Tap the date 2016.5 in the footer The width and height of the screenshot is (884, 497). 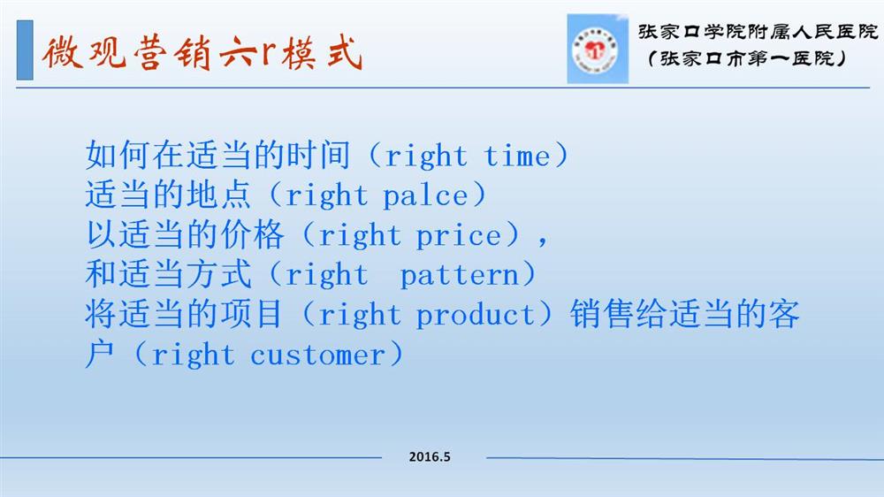click(x=430, y=456)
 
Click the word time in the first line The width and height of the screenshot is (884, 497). click(x=517, y=156)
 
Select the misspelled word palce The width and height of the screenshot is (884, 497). click(x=425, y=196)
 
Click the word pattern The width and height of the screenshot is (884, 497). click(x=460, y=276)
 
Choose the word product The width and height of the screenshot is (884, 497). click(x=476, y=316)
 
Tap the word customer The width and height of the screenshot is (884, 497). click(x=318, y=356)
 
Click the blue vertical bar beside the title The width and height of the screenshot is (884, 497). click(x=25, y=50)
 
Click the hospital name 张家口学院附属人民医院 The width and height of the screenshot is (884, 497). click(x=758, y=32)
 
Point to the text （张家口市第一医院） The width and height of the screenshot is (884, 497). click(x=747, y=58)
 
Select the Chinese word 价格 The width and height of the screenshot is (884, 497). click(x=251, y=234)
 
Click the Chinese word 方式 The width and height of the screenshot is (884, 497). click(x=218, y=274)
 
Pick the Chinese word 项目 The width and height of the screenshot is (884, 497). click(x=251, y=314)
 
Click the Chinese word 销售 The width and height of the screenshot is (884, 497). click(x=602, y=314)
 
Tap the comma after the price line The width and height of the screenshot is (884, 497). click(x=542, y=241)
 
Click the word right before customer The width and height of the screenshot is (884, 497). click(x=192, y=356)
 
